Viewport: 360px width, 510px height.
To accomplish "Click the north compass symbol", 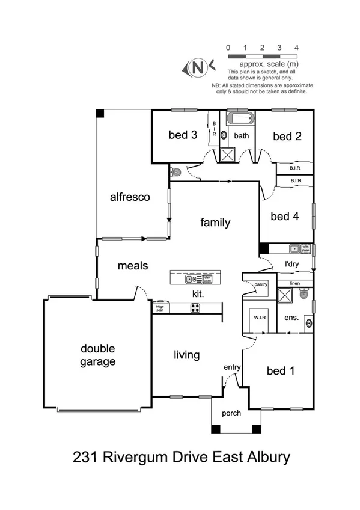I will [197, 67].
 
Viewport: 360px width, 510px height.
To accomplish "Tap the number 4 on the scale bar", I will [296, 47].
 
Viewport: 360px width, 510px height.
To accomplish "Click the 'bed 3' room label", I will [183, 135].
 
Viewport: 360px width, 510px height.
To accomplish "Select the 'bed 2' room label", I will [287, 137].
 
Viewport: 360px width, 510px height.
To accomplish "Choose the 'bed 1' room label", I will [281, 370].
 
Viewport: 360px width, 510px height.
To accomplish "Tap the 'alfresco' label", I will [129, 197].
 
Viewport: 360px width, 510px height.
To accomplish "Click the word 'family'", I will [215, 223].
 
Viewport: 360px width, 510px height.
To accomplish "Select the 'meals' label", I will [133, 265].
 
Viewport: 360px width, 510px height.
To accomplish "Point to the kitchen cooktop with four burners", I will [196, 308].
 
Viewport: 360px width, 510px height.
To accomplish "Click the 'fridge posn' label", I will [160, 308].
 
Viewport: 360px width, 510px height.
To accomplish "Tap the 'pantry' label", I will [260, 284].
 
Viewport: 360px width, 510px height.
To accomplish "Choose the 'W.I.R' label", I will [260, 318].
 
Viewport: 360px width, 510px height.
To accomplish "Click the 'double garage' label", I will [99, 355].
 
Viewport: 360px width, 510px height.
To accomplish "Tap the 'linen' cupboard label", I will [294, 283].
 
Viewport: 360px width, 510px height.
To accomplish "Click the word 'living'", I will [186, 355].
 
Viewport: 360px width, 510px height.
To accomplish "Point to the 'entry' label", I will [232, 367].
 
